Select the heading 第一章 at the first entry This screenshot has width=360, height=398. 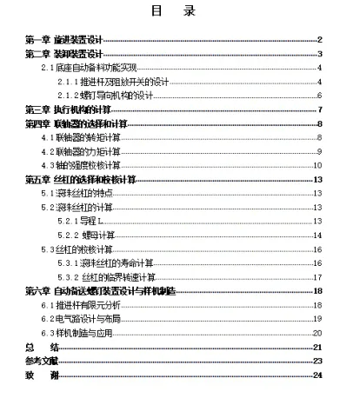point(37,40)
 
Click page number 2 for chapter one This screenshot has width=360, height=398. point(320,40)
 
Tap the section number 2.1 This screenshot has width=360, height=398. point(49,68)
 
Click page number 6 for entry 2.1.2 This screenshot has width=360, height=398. point(320,96)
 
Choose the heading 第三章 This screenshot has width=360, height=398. point(37,109)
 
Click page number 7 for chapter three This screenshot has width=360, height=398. point(320,109)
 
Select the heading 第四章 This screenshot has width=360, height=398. point(37,124)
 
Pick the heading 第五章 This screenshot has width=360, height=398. point(37,180)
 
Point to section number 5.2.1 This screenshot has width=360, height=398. point(69,222)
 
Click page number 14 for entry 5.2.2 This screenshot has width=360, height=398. point(318,235)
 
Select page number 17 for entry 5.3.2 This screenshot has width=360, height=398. point(318,276)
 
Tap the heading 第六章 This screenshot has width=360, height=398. point(37,290)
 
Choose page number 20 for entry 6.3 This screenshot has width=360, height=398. point(318,333)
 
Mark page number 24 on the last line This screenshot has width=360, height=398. point(318,375)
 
